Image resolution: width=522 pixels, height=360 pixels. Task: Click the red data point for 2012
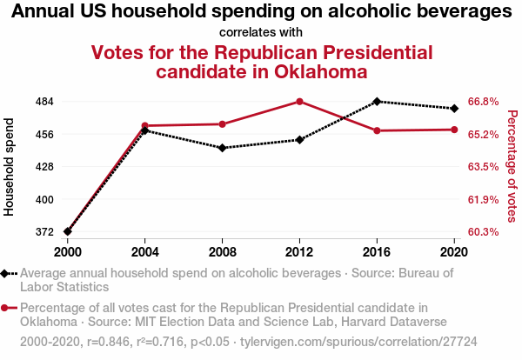299,102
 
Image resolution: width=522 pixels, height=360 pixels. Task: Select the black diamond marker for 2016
377,102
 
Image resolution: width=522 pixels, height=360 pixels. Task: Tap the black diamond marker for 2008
222,148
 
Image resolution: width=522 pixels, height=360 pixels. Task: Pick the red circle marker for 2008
222,124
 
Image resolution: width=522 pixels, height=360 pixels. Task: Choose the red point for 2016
377,130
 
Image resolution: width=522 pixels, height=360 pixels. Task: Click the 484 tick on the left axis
44,102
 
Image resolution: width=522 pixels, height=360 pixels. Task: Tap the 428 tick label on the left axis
44,167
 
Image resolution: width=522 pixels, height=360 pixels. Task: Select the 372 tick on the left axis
44,232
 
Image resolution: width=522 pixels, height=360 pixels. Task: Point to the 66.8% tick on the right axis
483,102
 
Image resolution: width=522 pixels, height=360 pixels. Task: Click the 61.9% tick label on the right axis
483,200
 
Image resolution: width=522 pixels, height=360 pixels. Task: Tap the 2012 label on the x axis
299,251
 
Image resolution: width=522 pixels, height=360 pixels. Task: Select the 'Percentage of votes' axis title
512,166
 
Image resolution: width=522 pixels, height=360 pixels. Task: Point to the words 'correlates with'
261,33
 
